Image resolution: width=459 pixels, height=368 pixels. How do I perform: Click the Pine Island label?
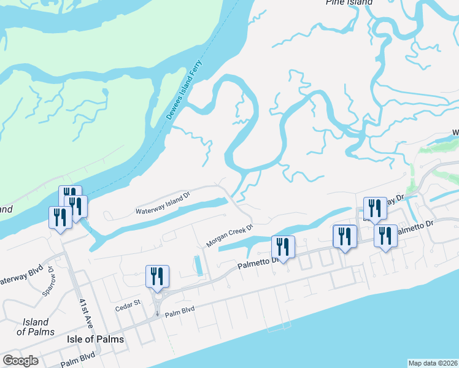pos(349,2)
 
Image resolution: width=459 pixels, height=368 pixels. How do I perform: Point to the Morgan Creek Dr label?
pos(229,236)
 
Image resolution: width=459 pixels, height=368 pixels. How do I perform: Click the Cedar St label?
pos(129,302)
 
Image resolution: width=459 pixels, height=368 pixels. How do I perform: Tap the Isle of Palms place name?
pos(96,339)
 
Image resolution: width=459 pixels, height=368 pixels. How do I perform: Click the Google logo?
pos(20,361)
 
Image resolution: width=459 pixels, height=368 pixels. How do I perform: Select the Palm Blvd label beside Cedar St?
pos(180,310)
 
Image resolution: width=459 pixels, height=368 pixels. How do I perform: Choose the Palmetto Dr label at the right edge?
pos(417,230)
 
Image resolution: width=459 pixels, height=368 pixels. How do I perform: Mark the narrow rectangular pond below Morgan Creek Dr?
pos(198,265)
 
